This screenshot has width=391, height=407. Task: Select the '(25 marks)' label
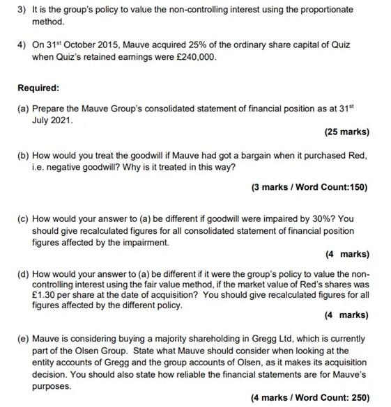click(x=346, y=131)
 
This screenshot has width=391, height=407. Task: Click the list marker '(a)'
click(x=24, y=109)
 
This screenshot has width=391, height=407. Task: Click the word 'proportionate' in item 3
click(x=328, y=10)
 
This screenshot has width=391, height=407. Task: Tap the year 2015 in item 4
click(x=103, y=45)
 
